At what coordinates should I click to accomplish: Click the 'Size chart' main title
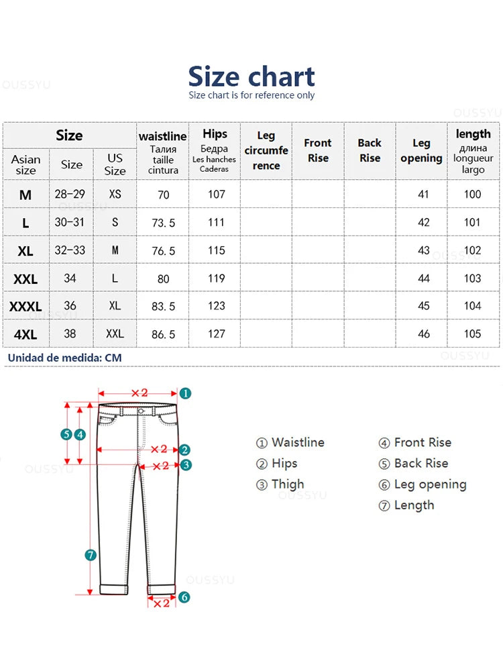click(251, 76)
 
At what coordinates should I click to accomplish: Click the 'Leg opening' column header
click(421, 150)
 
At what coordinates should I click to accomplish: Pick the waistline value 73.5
click(163, 223)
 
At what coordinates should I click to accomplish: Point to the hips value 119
click(215, 278)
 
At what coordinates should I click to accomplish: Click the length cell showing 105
click(472, 333)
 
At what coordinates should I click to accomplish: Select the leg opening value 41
click(423, 195)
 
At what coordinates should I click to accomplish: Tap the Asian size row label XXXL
click(25, 307)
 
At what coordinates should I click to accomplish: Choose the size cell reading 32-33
click(70, 250)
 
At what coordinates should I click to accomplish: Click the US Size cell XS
click(115, 194)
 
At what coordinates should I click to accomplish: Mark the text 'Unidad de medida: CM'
click(64, 358)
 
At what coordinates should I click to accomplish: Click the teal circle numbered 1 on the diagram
click(186, 393)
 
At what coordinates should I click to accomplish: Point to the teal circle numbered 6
click(184, 597)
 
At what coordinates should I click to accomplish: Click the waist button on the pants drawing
click(141, 411)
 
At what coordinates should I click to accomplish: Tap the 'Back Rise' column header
click(369, 150)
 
